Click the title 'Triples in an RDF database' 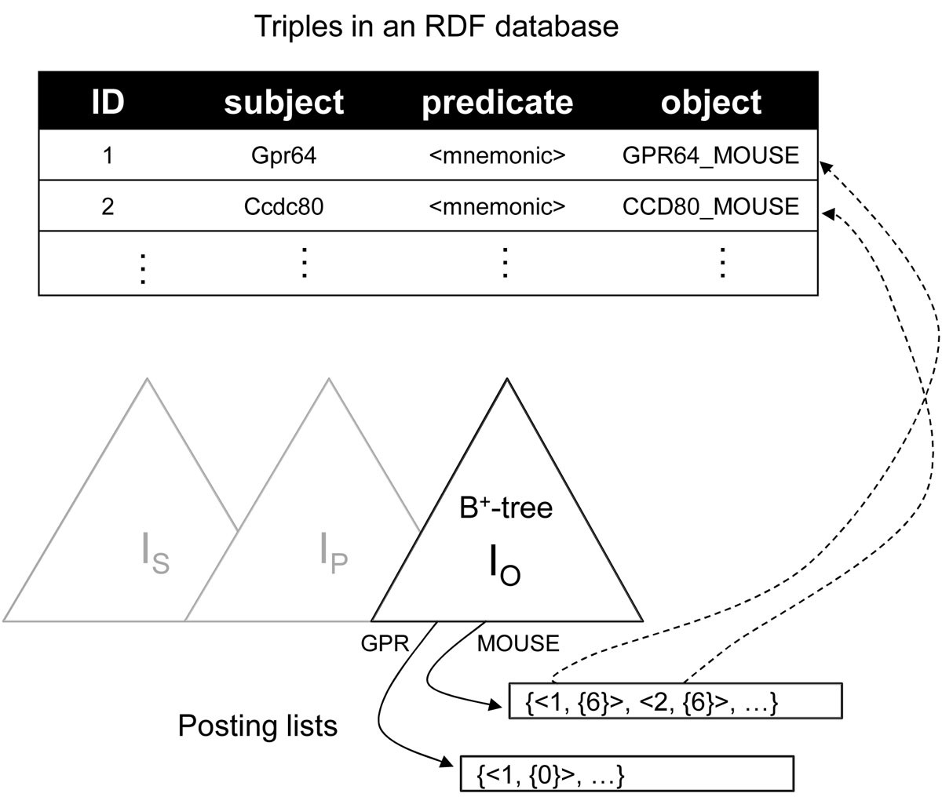click(x=436, y=27)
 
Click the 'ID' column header click(x=108, y=102)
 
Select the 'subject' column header click(x=283, y=102)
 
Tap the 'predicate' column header click(x=497, y=102)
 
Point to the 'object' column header click(x=710, y=102)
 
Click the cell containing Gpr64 click(x=283, y=155)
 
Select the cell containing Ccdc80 click(x=283, y=206)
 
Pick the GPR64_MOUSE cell click(x=710, y=155)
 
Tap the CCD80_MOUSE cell click(x=710, y=206)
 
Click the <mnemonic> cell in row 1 click(x=497, y=155)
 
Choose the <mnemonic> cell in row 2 click(x=497, y=206)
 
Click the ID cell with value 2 click(x=108, y=206)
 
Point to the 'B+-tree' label click(x=506, y=508)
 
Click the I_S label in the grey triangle click(x=155, y=554)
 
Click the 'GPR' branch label click(x=385, y=644)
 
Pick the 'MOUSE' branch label click(x=518, y=644)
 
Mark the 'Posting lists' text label click(x=257, y=726)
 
